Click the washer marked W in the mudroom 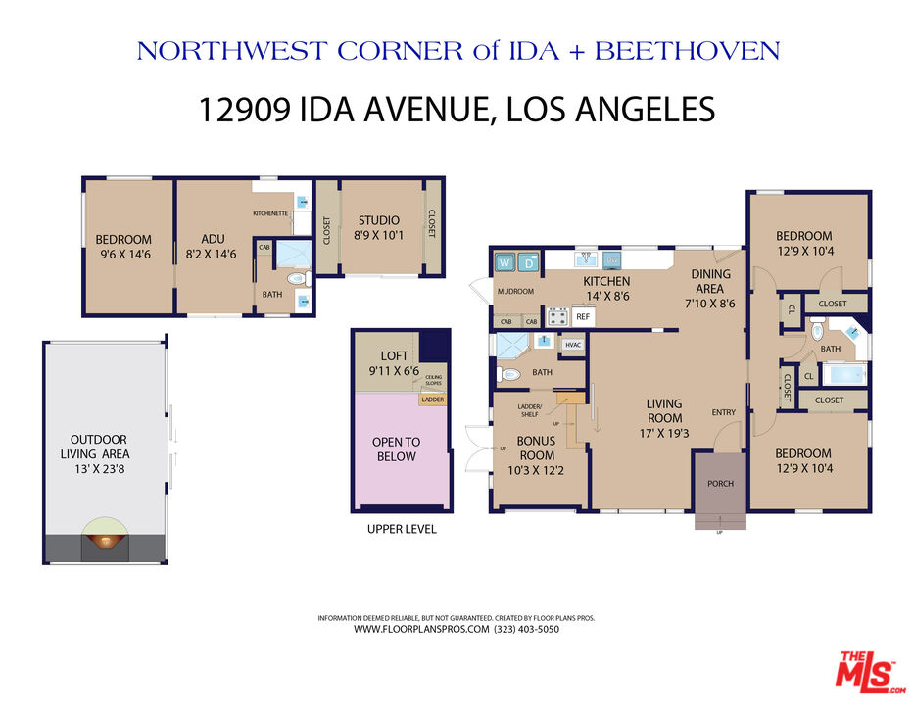click(505, 262)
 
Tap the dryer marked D click(529, 262)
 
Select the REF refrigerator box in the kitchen click(582, 316)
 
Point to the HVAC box click(573, 345)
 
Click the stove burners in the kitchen click(557, 316)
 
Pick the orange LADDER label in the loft click(432, 399)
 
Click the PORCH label click(720, 484)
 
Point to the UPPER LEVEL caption click(402, 529)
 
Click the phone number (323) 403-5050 click(528, 630)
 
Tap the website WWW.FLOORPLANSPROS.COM click(421, 630)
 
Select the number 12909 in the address click(241, 109)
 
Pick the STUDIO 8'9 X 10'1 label click(379, 228)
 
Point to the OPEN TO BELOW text click(396, 449)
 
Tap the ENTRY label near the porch click(724, 412)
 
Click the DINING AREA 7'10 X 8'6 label click(709, 289)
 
